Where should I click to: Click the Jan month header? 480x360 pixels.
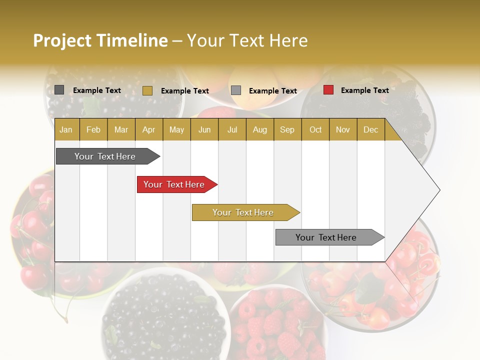[66, 129]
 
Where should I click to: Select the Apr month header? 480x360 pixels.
[149, 129]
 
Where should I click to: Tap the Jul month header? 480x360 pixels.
[232, 129]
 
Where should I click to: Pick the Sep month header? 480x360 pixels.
[287, 129]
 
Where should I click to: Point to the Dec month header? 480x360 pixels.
[370, 129]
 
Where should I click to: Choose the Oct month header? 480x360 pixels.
[315, 129]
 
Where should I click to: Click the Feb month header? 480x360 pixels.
[93, 129]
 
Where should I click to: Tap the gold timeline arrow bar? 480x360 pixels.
[243, 212]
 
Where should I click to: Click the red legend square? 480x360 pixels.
[328, 90]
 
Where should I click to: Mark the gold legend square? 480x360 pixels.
[147, 90]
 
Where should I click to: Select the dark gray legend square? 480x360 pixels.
[59, 90]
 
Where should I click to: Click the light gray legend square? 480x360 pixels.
[236, 90]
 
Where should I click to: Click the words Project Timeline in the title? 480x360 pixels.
[100, 40]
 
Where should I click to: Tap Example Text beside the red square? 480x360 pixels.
[364, 90]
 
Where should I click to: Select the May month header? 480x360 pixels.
[176, 129]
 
